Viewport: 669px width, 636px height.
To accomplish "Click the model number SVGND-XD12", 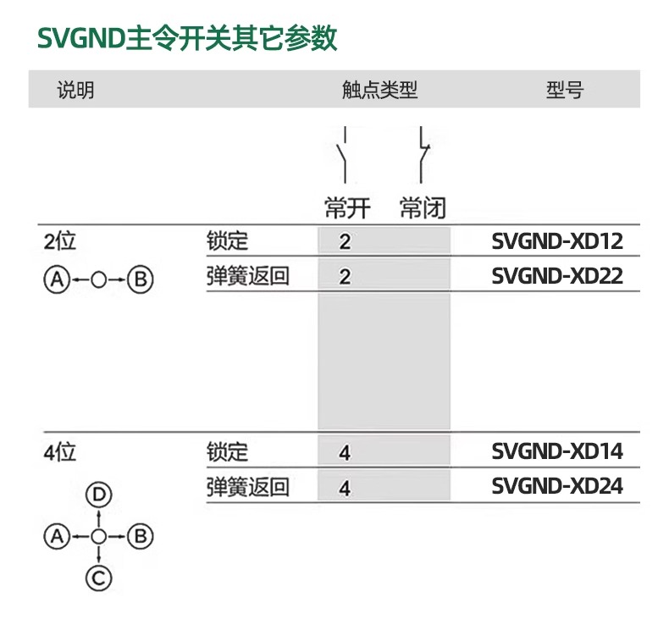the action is (x=557, y=241).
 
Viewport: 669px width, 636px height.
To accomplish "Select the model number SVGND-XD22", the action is (x=557, y=276).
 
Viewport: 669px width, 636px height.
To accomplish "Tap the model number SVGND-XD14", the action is (x=557, y=451).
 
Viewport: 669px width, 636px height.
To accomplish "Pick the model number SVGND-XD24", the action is (x=557, y=486).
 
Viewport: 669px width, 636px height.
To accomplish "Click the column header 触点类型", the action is (x=379, y=90).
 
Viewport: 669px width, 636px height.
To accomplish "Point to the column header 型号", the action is (x=565, y=90).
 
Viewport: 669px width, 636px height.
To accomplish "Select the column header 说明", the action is (x=75, y=90).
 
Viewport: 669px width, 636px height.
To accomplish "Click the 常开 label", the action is (x=347, y=208).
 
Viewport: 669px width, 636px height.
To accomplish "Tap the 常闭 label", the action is (x=423, y=208).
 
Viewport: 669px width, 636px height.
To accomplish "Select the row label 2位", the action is (x=60, y=241).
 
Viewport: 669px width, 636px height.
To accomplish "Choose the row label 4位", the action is (x=60, y=451).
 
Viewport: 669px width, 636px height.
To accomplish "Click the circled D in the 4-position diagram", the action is (x=99, y=495).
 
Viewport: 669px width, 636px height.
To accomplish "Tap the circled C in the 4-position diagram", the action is (x=99, y=578).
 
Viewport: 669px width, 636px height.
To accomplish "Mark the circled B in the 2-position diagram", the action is (x=141, y=279).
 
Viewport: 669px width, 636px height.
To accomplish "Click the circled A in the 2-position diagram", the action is (x=57, y=279).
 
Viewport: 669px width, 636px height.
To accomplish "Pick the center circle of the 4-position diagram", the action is (x=99, y=537).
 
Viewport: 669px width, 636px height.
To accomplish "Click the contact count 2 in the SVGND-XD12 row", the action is (x=345, y=242).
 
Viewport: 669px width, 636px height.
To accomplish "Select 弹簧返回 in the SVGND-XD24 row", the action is (x=248, y=487).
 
